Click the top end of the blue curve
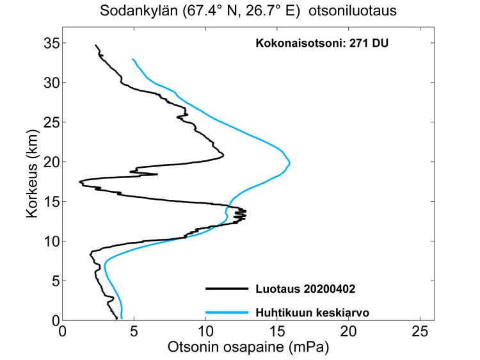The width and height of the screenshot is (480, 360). pyautogui.click(x=132, y=59)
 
